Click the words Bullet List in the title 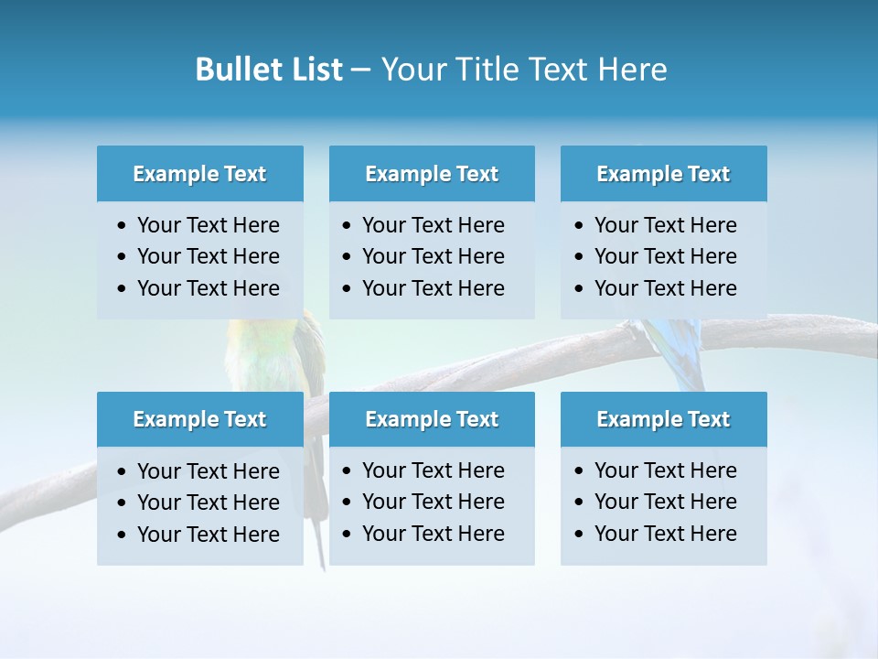[268, 70]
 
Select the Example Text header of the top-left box [199, 174]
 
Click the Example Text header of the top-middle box [432, 174]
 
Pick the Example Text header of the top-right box [663, 174]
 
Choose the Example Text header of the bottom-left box [199, 419]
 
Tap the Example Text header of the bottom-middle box [432, 419]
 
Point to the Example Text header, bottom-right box [663, 419]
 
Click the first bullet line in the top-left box [208, 225]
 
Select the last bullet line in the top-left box [208, 288]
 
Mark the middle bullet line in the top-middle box [433, 256]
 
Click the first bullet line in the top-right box [665, 225]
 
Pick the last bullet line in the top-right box [665, 288]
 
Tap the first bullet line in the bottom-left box [208, 471]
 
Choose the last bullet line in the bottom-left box [208, 535]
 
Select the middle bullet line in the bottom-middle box [433, 502]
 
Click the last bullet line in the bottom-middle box [433, 534]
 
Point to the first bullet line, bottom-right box [665, 470]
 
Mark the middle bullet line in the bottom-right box [665, 502]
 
